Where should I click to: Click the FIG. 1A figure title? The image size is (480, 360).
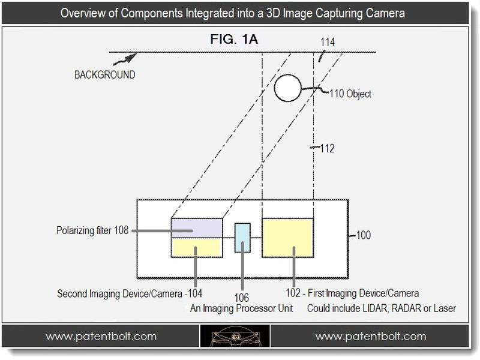(234, 39)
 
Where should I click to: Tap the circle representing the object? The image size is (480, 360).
(288, 88)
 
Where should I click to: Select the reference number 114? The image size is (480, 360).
(327, 42)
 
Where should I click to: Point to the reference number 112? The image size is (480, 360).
(327, 148)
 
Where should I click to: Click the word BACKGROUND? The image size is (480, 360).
(104, 74)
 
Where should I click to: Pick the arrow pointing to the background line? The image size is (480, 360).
(125, 59)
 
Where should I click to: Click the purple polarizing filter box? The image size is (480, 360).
(197, 228)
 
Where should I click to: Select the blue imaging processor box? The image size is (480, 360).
(242, 238)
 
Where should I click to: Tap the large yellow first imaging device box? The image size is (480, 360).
(287, 238)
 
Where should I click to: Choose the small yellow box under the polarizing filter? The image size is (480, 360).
(197, 247)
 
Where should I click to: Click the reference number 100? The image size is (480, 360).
(364, 235)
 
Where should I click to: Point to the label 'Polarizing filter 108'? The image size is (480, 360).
(92, 230)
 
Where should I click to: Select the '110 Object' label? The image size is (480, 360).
(350, 94)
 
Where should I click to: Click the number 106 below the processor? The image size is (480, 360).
(242, 298)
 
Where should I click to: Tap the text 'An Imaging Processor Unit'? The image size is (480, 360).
(242, 308)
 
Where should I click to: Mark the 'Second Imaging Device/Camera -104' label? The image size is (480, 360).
(130, 293)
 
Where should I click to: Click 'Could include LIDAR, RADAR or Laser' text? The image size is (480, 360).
(382, 308)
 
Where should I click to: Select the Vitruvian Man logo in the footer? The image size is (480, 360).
(235, 336)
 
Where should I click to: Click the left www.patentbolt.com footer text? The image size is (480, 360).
(101, 337)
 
